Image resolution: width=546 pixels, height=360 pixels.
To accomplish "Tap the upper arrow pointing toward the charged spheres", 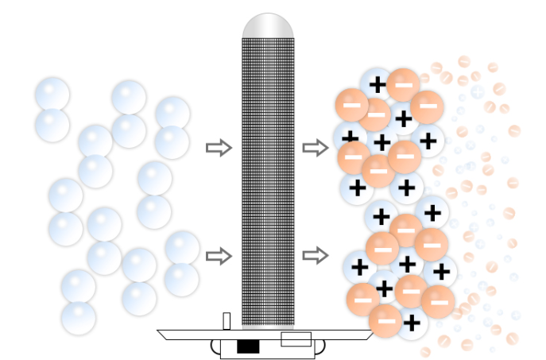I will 316,148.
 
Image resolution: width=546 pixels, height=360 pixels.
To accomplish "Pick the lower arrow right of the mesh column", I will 316,256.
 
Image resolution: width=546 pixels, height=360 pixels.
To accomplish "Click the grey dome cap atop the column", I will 268,25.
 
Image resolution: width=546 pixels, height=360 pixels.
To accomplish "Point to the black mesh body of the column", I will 268,183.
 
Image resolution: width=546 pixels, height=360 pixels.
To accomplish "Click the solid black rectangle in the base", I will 248,346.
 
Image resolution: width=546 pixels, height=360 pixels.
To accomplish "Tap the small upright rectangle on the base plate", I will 227,320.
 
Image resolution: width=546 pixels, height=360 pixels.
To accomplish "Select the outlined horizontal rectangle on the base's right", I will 296,339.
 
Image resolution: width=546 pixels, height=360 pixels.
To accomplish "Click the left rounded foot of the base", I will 215,346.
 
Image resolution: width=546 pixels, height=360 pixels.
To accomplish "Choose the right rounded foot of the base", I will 320,346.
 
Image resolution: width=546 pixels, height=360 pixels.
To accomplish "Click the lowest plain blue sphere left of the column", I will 78,317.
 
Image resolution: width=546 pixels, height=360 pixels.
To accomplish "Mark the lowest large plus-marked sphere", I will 410,323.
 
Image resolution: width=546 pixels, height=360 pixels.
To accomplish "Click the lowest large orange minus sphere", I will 385,320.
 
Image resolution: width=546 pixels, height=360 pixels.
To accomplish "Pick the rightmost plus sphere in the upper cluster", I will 428,141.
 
